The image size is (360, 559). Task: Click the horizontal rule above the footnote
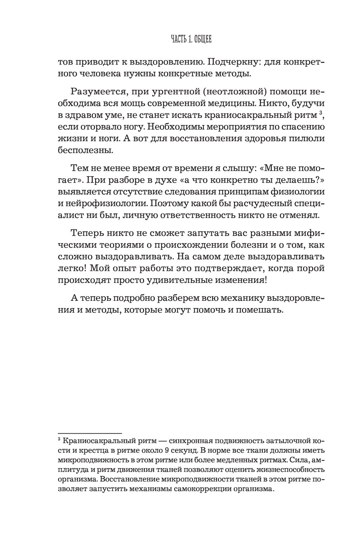pos(90,433)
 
